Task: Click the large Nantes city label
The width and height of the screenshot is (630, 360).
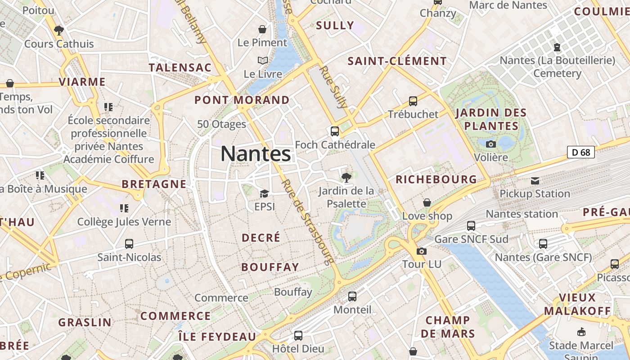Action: tap(256, 154)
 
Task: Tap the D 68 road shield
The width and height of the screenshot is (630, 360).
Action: tap(580, 152)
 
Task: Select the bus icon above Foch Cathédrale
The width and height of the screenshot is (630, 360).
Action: tap(334, 131)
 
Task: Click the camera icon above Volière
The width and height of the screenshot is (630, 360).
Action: tap(491, 144)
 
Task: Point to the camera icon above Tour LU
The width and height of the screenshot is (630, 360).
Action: tap(422, 251)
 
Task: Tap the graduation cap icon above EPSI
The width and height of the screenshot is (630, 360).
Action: tap(264, 194)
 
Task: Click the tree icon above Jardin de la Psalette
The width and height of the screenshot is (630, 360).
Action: tap(346, 177)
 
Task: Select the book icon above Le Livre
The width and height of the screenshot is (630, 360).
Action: tap(262, 60)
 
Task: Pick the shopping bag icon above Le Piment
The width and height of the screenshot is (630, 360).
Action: tap(262, 29)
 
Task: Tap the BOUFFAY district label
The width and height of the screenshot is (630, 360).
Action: tap(270, 267)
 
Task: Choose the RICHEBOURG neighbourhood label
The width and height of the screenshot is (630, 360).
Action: tap(436, 179)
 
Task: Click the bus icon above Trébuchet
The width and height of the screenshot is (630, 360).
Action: tap(413, 101)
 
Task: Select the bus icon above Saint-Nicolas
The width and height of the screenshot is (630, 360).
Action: tap(129, 244)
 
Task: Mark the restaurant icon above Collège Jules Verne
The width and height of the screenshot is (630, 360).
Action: tap(124, 208)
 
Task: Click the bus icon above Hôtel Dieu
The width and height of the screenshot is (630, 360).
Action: tap(298, 336)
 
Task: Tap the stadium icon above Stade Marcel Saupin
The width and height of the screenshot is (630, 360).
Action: tap(581, 333)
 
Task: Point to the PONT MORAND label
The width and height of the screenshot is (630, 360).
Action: tap(242, 100)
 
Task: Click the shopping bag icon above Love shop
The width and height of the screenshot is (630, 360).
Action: tap(427, 203)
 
